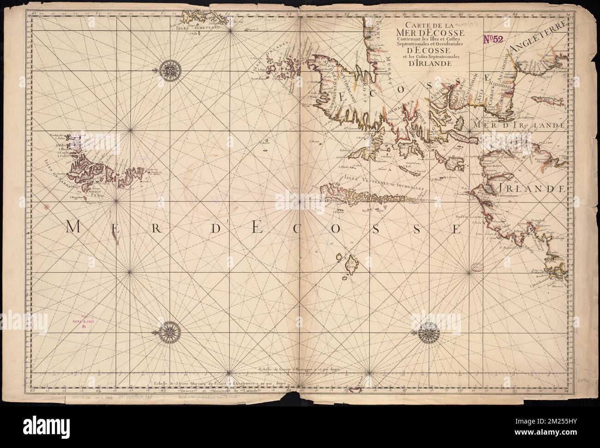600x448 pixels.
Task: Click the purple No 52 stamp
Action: click(496, 40)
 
